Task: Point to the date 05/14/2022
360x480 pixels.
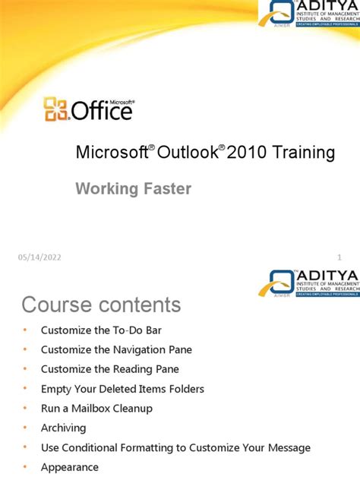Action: click(x=39, y=257)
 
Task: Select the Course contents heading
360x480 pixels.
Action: click(x=101, y=305)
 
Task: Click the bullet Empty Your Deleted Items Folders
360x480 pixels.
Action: click(x=122, y=389)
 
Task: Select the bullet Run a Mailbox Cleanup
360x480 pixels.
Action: click(x=96, y=409)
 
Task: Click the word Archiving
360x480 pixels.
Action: click(x=64, y=428)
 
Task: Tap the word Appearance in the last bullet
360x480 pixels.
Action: click(x=70, y=467)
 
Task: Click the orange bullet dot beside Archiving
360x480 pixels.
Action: click(x=24, y=428)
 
